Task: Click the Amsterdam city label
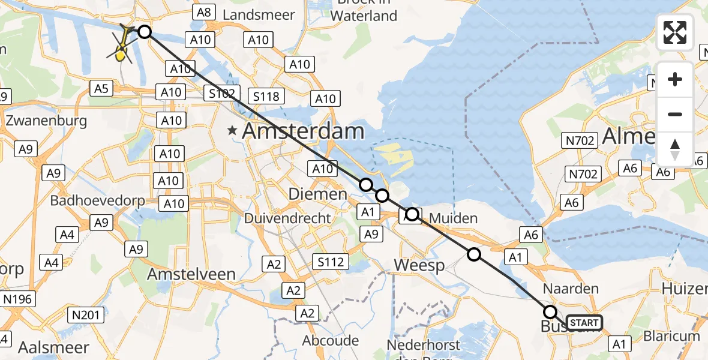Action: (303, 131)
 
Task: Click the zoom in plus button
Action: (675, 80)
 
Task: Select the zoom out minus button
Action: (675, 114)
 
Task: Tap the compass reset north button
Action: (675, 149)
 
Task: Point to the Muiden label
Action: (454, 218)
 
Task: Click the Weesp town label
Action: (419, 265)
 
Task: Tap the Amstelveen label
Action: (191, 274)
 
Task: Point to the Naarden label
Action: (571, 289)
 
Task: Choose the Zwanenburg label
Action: (46, 121)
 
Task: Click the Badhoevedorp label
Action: (97, 201)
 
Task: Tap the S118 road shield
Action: (267, 96)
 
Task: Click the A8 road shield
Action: (204, 12)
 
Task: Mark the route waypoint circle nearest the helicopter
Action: (145, 32)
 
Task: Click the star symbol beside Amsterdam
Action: (232, 130)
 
